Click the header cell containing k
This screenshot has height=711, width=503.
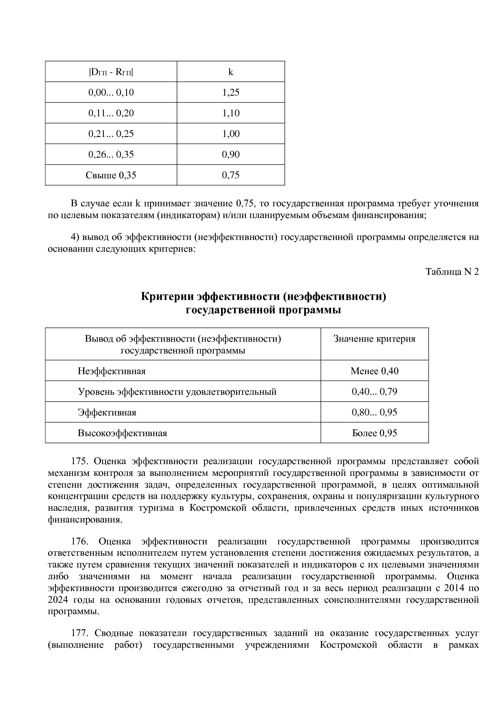click(x=230, y=72)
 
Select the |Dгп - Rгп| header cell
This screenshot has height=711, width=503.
click(x=111, y=72)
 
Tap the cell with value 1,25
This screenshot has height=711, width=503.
click(x=230, y=92)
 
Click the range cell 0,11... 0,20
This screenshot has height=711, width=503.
click(x=111, y=113)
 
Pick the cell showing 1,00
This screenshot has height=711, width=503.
click(x=230, y=134)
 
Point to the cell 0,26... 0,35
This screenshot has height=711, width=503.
click(x=111, y=154)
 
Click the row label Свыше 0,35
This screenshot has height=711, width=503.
click(x=111, y=175)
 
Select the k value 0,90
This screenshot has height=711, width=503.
click(x=230, y=154)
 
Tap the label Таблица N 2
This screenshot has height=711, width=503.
click(x=452, y=272)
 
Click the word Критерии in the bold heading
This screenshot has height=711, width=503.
click(x=167, y=297)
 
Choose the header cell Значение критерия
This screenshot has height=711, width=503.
click(x=374, y=339)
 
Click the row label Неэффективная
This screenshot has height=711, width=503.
click(x=112, y=371)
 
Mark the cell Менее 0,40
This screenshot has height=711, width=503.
click(x=374, y=371)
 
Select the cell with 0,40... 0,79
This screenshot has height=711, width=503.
click(x=374, y=392)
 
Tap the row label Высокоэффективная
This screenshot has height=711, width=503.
click(x=122, y=433)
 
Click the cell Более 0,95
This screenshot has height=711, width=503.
click(x=374, y=433)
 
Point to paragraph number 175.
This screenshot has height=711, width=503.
click(x=80, y=461)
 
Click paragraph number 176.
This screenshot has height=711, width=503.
click(x=80, y=542)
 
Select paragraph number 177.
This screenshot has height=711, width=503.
click(x=80, y=633)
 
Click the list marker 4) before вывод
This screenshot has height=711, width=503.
click(x=75, y=237)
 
